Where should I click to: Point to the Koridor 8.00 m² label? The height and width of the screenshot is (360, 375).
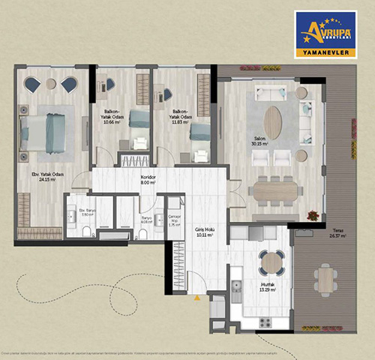click(148, 180)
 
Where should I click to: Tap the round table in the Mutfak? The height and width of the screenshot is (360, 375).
click(271, 262)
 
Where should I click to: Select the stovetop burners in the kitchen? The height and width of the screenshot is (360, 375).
click(265, 322)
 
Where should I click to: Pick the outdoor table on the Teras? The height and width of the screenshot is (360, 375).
click(325, 280)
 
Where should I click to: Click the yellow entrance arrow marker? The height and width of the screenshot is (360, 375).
click(197, 298)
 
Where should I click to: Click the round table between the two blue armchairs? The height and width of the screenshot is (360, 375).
click(51, 83)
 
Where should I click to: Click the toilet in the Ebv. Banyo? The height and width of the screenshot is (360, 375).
click(87, 230)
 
